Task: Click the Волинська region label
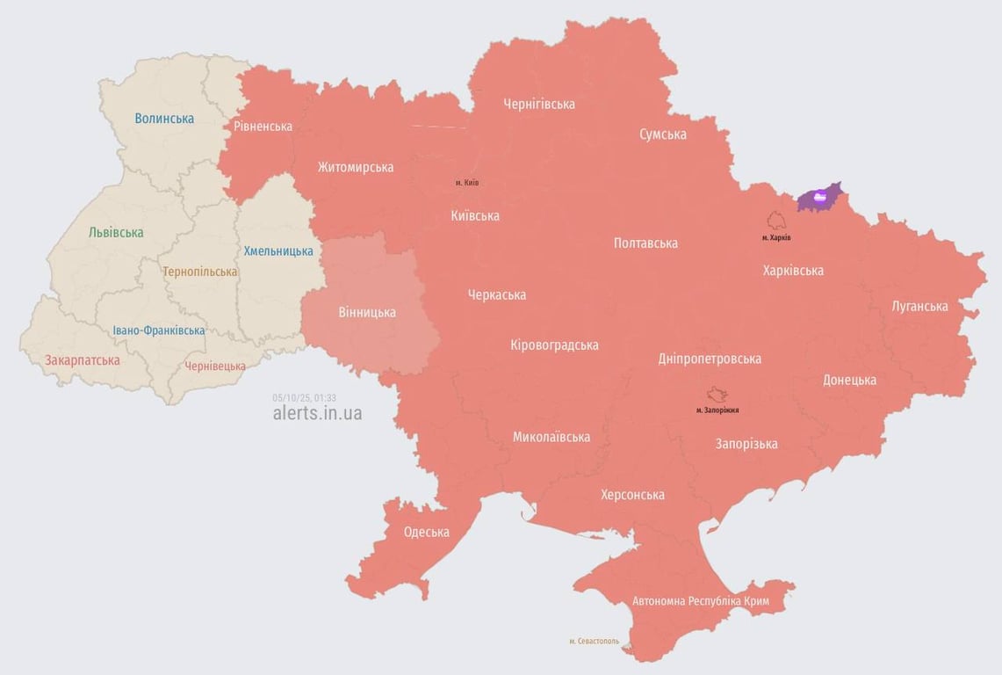pyautogui.click(x=164, y=118)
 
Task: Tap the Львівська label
pyautogui.click(x=116, y=233)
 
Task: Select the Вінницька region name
pyautogui.click(x=367, y=312)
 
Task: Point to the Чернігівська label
pyautogui.click(x=539, y=104)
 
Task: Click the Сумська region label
pyautogui.click(x=663, y=134)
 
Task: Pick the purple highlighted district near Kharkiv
pyautogui.click(x=818, y=198)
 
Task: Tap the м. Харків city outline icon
pyautogui.click(x=776, y=220)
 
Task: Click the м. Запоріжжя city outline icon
pyautogui.click(x=717, y=395)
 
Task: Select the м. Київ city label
pyautogui.click(x=467, y=183)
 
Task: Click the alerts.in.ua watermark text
pyautogui.click(x=317, y=413)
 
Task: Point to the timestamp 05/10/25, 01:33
pyautogui.click(x=304, y=397)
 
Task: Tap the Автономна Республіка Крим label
pyautogui.click(x=701, y=601)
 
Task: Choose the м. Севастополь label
pyautogui.click(x=594, y=642)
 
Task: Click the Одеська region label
pyautogui.click(x=426, y=532)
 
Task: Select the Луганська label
pyautogui.click(x=919, y=306)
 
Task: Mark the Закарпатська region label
pyautogui.click(x=83, y=359)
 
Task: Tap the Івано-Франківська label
pyautogui.click(x=159, y=330)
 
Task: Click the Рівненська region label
pyautogui.click(x=263, y=126)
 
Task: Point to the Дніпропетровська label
pyautogui.click(x=710, y=359)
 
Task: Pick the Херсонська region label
pyautogui.click(x=632, y=495)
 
